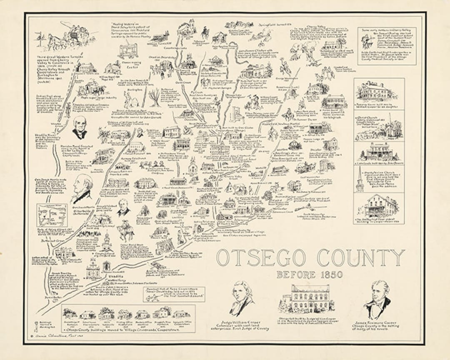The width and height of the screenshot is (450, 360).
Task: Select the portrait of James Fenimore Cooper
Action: pyautogui.click(x=377, y=300)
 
